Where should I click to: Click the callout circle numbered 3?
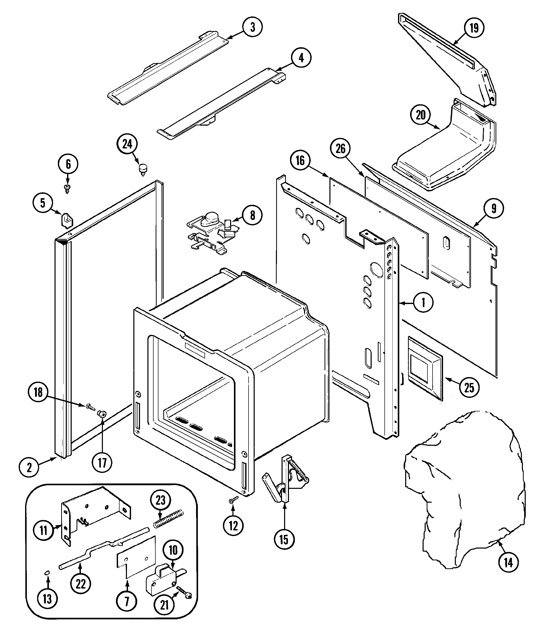coord(252,27)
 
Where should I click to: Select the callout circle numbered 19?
coord(474,28)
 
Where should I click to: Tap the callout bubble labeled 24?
coord(127,144)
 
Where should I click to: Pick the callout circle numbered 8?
coord(252,216)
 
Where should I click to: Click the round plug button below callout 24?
coord(143,169)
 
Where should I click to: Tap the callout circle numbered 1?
coord(423,303)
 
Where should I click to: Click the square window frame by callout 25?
coord(425,368)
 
